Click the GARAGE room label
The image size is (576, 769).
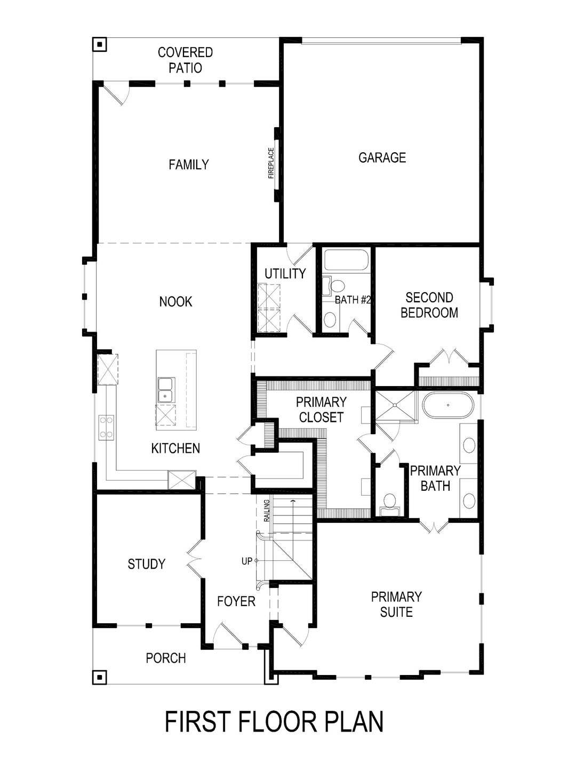pyautogui.click(x=382, y=158)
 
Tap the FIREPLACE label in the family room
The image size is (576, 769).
pyautogui.click(x=271, y=162)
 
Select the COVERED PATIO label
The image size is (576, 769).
pyautogui.click(x=186, y=60)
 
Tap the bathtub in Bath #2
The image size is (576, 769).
pyautogui.click(x=346, y=261)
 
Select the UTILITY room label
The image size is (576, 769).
pyautogui.click(x=285, y=273)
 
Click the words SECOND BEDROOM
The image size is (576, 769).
pyautogui.click(x=429, y=305)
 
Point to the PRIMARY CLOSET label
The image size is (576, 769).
pyautogui.click(x=321, y=409)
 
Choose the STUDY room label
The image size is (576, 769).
pyautogui.click(x=147, y=564)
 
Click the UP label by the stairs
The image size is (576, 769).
pyautogui.click(x=246, y=561)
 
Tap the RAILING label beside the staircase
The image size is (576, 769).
pyautogui.click(x=267, y=511)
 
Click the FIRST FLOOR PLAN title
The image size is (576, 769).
pyautogui.click(x=274, y=721)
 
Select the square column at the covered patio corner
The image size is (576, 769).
pyautogui.click(x=99, y=44)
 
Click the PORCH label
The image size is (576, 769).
pyautogui.click(x=166, y=658)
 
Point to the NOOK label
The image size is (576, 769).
pyautogui.click(x=175, y=302)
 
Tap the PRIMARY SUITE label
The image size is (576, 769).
pyautogui.click(x=396, y=604)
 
